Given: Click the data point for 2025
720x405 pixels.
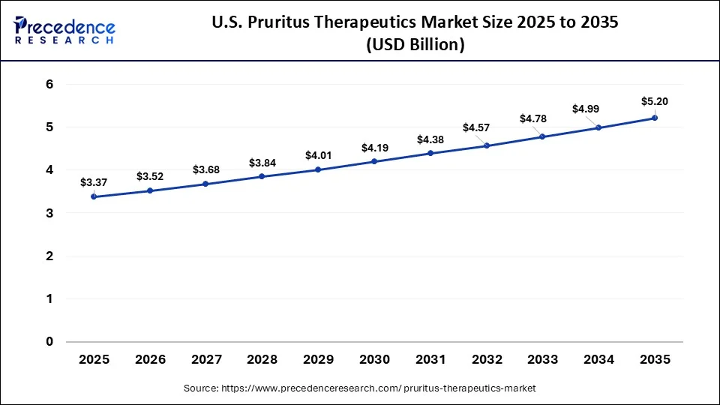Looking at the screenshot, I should [94, 196].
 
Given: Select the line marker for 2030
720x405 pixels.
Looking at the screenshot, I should [374, 161].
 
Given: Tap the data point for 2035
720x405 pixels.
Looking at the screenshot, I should [655, 118].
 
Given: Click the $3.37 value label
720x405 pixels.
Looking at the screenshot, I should [94, 182].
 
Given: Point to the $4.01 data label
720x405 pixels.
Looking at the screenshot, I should [318, 155].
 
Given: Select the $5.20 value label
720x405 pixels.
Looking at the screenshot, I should [654, 101].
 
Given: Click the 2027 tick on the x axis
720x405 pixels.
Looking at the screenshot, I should [206, 360].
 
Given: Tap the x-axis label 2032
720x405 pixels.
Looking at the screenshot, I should [487, 360].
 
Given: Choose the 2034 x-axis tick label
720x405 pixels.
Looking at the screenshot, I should [598, 360].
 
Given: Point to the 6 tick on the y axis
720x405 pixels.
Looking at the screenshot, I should [49, 85].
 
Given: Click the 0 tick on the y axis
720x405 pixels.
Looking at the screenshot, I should [49, 342].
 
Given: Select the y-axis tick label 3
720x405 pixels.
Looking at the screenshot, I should [49, 214].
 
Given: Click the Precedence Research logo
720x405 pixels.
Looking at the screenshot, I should [64, 30].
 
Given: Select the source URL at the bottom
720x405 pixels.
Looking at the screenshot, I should [359, 388].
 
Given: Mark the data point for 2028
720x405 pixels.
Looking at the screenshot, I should [262, 176].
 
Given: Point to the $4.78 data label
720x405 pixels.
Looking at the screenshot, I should [533, 119].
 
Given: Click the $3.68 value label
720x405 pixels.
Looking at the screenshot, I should [206, 169].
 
